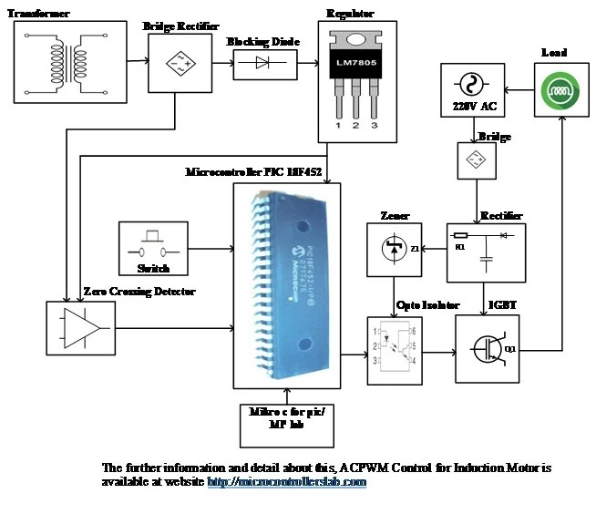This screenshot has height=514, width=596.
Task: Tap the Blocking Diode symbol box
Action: click(x=264, y=63)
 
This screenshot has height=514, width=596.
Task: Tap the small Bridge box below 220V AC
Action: click(x=473, y=160)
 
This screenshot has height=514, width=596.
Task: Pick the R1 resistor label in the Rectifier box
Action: click(x=460, y=246)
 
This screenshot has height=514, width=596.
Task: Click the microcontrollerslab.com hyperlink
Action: click(x=286, y=481)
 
